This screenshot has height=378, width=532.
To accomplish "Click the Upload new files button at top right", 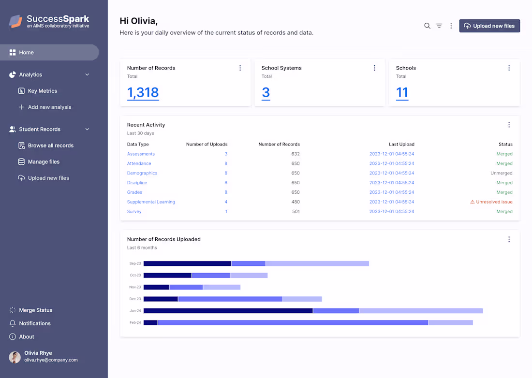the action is tap(489, 26).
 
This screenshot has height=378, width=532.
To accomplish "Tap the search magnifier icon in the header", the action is tap(427, 26).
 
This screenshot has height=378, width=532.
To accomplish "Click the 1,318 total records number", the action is tap(143, 92).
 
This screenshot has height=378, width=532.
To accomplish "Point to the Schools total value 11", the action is tap(402, 92).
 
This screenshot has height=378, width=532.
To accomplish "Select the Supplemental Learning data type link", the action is tap(151, 202).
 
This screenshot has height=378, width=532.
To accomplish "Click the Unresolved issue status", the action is tap(491, 202).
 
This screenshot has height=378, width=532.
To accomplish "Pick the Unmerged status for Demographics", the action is tap(502, 173).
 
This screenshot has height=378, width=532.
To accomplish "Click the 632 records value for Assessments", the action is tap(296, 154).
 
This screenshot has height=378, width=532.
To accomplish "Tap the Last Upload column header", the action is tap(402, 144).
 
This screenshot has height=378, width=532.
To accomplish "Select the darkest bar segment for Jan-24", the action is tap(228, 311).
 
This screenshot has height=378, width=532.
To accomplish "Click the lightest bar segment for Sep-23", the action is tap(317, 263).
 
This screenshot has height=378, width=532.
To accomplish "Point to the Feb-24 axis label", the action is tap(135, 322).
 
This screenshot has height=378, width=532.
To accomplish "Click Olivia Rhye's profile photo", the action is tap(15, 357).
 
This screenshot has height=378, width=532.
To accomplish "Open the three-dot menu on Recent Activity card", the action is tap(509, 125).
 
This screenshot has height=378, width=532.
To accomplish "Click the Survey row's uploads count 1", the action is tap(226, 211).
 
